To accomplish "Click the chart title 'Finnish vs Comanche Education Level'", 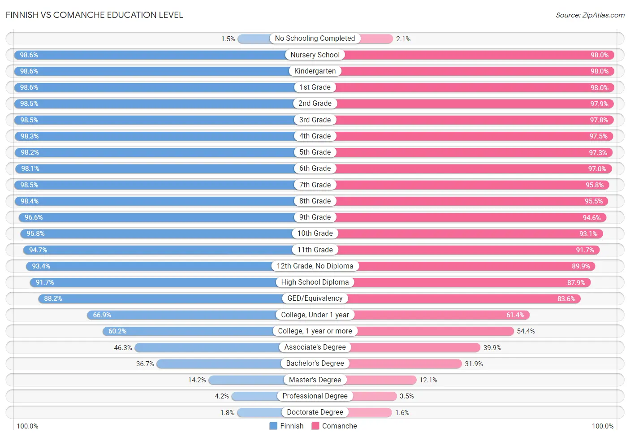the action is point(94,15).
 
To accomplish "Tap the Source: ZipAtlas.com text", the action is point(590,15).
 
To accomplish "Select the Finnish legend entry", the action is point(286,426).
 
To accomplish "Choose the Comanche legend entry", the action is point(334,426).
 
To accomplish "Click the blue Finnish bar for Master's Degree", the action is point(246,380).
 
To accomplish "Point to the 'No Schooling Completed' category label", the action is point(315,38).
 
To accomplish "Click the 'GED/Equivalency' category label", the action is point(315,298).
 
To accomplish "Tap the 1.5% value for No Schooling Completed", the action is point(228,39).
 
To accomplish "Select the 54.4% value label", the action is point(526,331).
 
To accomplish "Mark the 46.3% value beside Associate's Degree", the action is point(123,347).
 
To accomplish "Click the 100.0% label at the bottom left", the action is point(28,426).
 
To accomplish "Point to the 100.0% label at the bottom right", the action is point(603,426).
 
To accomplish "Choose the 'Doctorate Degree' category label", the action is point(315,412).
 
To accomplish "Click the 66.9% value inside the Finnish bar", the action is point(102,315).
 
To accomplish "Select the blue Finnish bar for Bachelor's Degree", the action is point(219,364).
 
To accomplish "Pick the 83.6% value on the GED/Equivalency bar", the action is point(566,299).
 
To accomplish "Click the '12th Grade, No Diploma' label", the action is point(315,266).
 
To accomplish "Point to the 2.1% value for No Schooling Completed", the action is point(403,39).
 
